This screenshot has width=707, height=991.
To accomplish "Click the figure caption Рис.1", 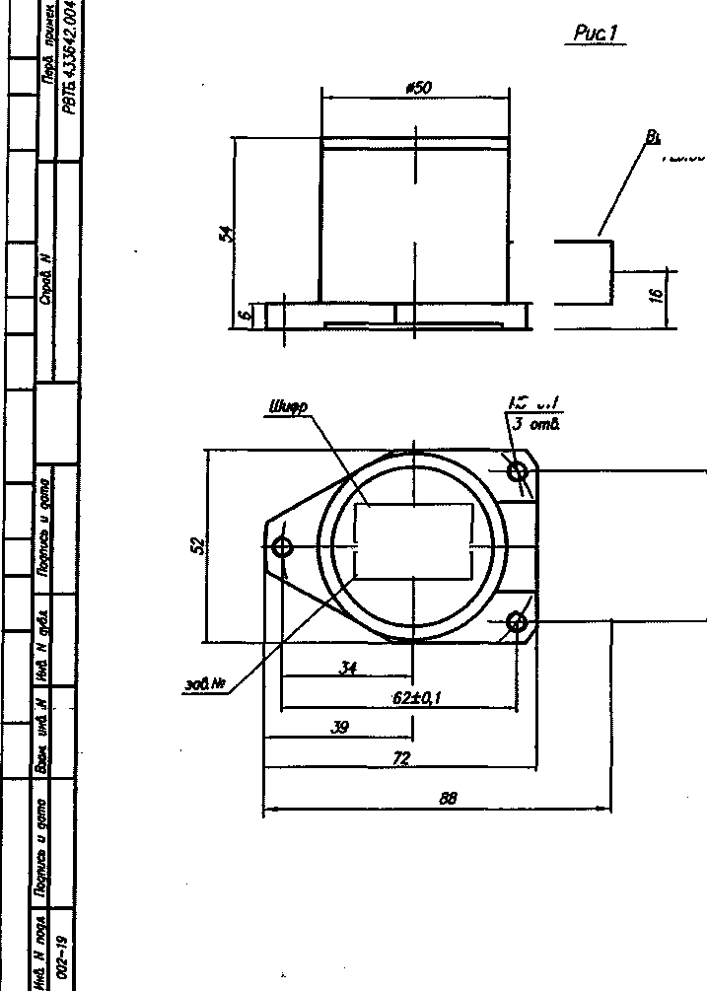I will click(597, 35).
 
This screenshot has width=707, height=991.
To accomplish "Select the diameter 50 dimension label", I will click(418, 88).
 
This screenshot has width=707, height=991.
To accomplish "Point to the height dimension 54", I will click(226, 233).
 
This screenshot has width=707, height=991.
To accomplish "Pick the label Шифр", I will click(287, 405).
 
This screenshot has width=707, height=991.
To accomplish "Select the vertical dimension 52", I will click(198, 544).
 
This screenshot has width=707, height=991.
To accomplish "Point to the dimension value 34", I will click(347, 668).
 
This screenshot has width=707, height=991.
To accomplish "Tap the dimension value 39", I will click(338, 728).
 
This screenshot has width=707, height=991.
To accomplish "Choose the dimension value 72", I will click(400, 758).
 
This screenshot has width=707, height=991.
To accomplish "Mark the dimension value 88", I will click(449, 799).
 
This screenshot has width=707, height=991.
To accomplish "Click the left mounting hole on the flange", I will click(284, 546).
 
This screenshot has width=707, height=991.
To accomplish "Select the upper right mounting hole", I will click(518, 471).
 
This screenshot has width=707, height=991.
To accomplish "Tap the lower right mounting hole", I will click(517, 621).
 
